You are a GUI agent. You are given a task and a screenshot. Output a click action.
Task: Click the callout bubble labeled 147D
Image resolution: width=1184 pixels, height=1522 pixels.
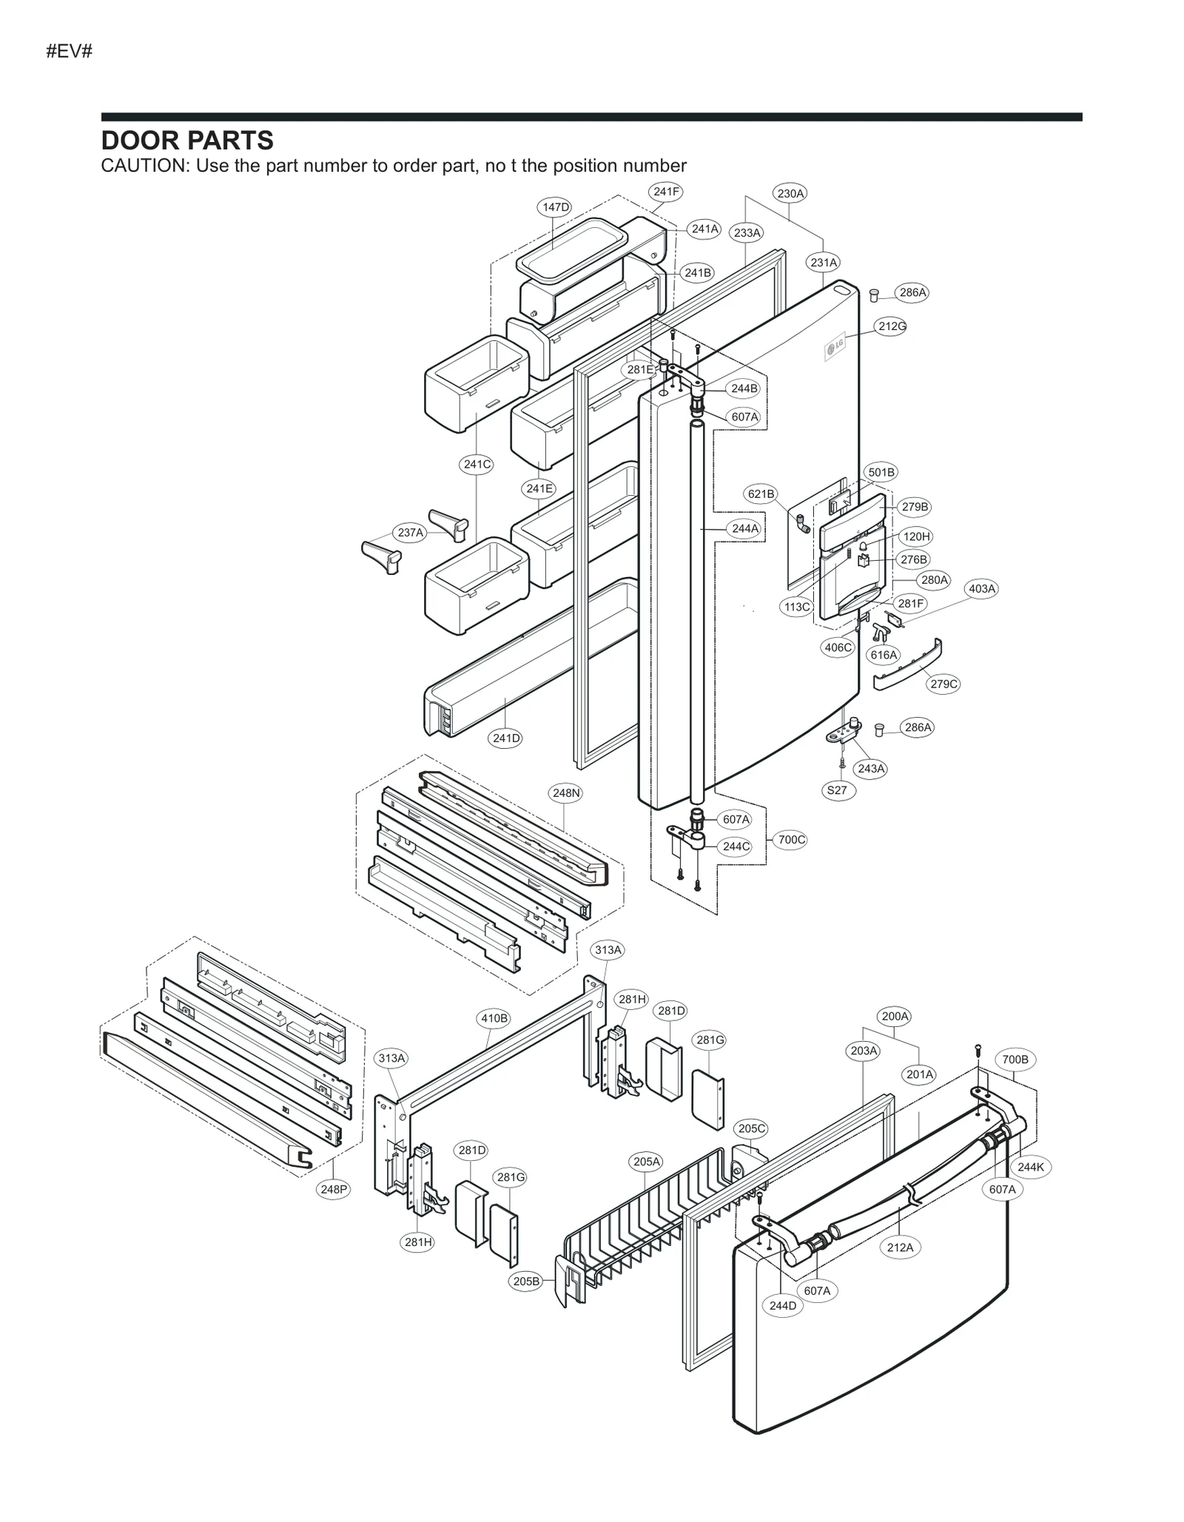coord(556,207)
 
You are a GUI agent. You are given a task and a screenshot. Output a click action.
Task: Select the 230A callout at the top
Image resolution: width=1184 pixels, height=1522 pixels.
coord(790,194)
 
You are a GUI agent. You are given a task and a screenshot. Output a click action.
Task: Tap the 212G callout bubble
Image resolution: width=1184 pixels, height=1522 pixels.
coord(891,326)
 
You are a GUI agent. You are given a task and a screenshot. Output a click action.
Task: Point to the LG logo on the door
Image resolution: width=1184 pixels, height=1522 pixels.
coord(835,348)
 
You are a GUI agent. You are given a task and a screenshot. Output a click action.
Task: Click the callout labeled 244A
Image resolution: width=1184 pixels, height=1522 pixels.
coord(744,528)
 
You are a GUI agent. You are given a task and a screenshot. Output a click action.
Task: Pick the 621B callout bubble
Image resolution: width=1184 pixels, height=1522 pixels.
coord(761,494)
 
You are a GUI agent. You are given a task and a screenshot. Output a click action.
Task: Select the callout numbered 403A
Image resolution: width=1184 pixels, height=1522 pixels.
coord(982,589)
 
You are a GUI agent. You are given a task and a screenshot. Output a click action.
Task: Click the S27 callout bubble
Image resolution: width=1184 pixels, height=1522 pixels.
coord(837,790)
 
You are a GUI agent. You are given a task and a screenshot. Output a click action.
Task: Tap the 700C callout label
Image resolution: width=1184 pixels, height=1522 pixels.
coord(791,840)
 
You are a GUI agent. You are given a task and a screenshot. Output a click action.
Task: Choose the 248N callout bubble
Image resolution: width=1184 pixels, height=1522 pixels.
coord(566,793)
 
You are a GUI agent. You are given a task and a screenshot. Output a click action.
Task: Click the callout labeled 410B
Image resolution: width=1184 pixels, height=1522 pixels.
coord(494,1018)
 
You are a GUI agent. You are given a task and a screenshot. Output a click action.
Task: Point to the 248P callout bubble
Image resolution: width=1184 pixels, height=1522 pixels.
coord(334,1190)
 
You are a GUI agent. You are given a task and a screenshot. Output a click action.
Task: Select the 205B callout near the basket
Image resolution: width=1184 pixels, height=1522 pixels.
coord(526,1282)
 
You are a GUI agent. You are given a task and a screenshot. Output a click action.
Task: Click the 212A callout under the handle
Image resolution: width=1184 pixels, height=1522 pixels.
coord(900,1247)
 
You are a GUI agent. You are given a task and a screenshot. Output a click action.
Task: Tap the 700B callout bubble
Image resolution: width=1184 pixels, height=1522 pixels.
coord(1015,1060)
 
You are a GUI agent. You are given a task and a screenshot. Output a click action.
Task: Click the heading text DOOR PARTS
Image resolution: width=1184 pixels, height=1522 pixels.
coord(187,141)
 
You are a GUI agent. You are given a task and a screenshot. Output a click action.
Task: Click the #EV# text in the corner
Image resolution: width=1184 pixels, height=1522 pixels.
coord(69,52)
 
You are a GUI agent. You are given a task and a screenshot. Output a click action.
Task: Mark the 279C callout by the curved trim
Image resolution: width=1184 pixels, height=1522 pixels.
coord(943,684)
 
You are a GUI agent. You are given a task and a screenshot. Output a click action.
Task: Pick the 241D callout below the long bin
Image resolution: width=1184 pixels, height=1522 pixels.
coord(506,738)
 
